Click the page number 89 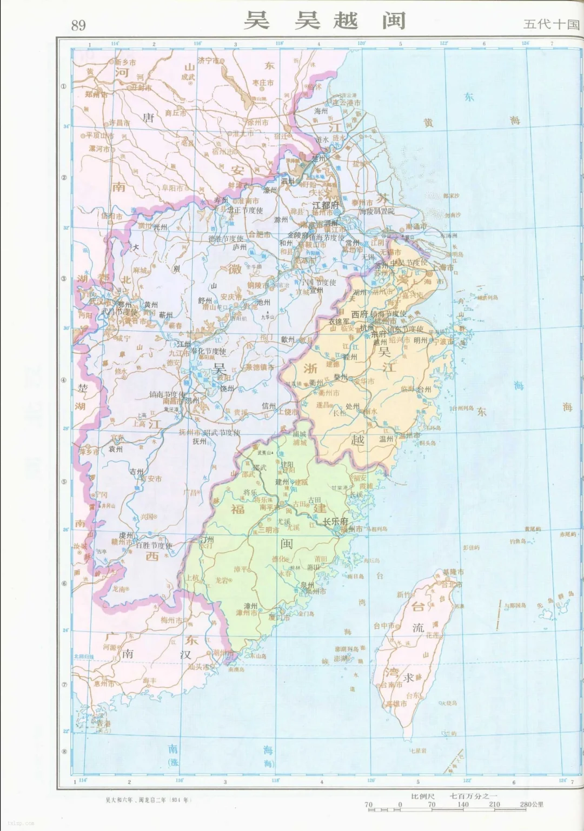[x=78, y=25]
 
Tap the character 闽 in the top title [x=394, y=21]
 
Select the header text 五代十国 [x=551, y=24]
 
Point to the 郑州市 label [x=96, y=94]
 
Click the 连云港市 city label [x=346, y=103]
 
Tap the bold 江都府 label [x=326, y=205]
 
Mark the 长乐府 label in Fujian [x=335, y=521]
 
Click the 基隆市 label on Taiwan [x=453, y=572]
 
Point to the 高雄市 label [x=396, y=704]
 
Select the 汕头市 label [x=199, y=667]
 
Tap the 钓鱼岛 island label [x=518, y=541]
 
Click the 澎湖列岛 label [x=347, y=649]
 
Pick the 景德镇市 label [x=260, y=367]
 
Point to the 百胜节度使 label [x=154, y=545]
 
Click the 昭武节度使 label [x=222, y=432]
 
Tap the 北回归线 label [x=84, y=656]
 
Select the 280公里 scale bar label [x=532, y=805]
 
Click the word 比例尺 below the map [x=423, y=796]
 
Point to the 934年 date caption [x=181, y=800]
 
